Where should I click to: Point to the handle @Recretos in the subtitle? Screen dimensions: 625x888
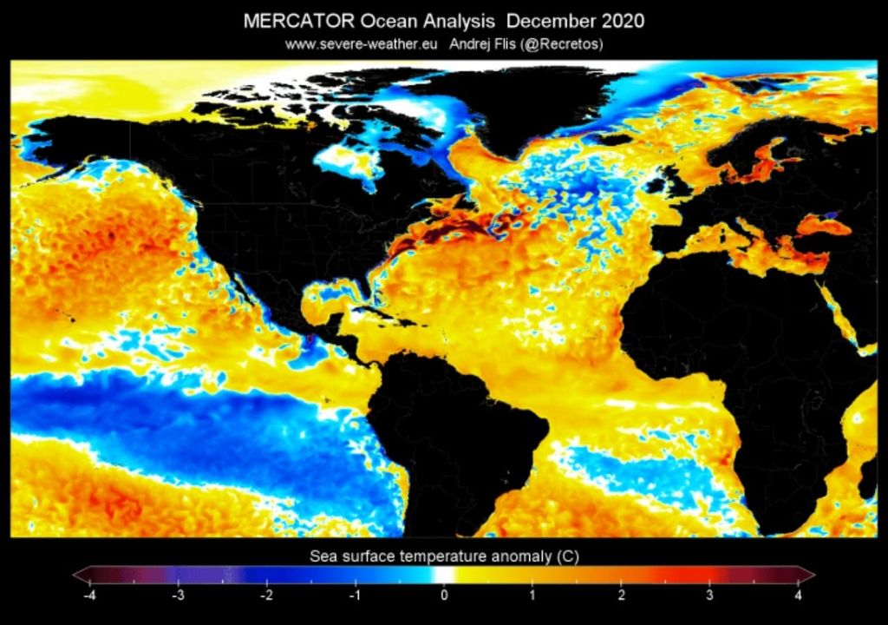coord(564,43)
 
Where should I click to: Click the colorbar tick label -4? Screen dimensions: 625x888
coord(88,595)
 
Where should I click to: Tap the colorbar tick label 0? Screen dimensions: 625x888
coord(444,595)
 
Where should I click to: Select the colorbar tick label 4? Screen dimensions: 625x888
coord(798,595)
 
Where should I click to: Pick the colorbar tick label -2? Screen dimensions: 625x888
coord(266,595)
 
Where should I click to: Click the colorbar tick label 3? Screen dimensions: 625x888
coord(709,595)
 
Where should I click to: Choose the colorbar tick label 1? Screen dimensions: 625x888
coord(532,595)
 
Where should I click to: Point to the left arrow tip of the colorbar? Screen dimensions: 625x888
coord(75,575)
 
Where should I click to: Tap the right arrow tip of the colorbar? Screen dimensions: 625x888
coord(813,575)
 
